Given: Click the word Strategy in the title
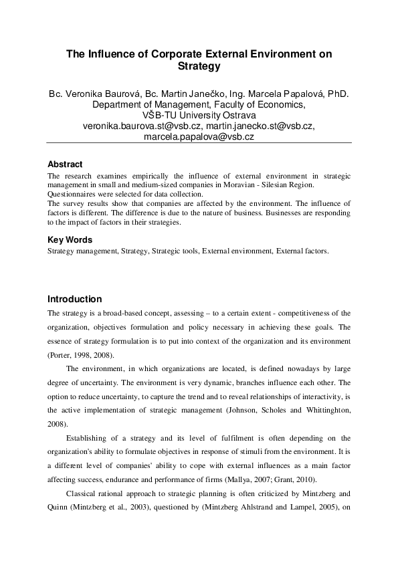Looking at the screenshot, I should [x=199, y=67].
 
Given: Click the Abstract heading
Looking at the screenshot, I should [x=65, y=164].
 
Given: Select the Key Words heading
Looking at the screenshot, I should [x=70, y=239].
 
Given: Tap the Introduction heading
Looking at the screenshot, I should [x=74, y=299].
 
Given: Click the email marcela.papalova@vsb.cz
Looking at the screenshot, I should [x=199, y=136].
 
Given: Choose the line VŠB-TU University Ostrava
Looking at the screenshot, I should [x=199, y=115].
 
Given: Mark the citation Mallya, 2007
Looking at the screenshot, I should [x=285, y=480].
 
